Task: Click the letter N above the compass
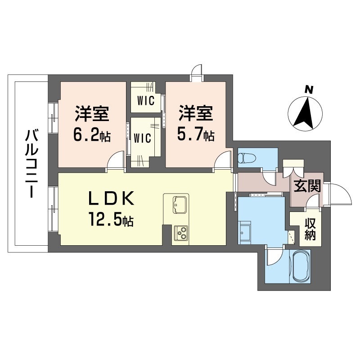(309, 89)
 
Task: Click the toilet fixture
(247, 158)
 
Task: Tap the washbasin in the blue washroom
(245, 232)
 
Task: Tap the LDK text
(111, 198)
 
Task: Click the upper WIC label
(145, 101)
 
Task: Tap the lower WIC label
(142, 138)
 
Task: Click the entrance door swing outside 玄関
(340, 193)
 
